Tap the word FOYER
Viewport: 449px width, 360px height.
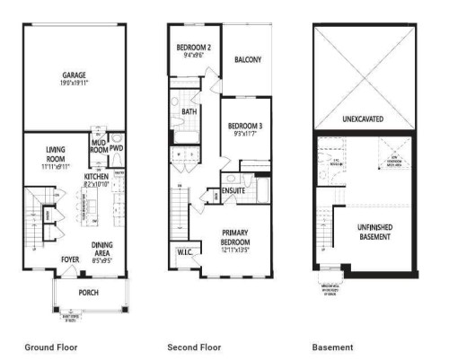tap(70, 260)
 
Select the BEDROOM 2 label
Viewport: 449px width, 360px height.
tap(193, 47)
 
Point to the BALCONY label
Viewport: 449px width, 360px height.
tap(247, 59)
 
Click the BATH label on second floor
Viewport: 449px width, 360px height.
tap(189, 112)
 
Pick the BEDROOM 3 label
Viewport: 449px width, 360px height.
tap(244, 125)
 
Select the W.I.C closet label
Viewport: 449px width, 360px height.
tap(188, 251)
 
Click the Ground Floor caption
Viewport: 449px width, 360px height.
tap(52, 347)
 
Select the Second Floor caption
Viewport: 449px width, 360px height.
tap(192, 347)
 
